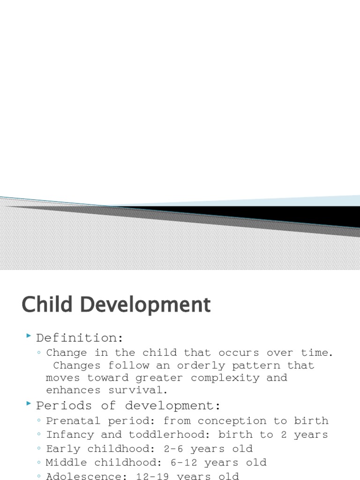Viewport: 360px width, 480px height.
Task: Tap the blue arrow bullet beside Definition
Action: coord(29,337)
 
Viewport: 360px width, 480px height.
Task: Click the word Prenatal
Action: coord(73,421)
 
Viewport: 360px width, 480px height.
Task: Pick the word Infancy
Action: coord(70,435)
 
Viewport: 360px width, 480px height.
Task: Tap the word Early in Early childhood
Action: coord(63,449)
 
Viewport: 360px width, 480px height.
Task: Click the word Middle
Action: coord(67,463)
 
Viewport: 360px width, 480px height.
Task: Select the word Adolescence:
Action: coord(83,476)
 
